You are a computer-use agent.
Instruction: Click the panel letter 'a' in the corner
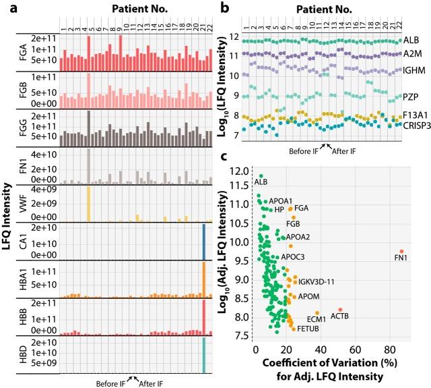pyautogui.click(x=5, y=7)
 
